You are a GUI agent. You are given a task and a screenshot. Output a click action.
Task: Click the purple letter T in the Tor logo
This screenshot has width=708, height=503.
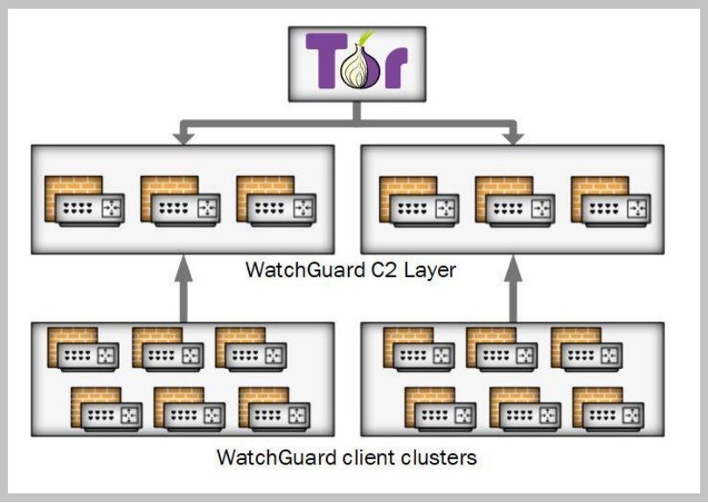(326, 60)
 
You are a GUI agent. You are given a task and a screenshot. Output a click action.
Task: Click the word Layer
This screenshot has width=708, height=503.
(429, 270)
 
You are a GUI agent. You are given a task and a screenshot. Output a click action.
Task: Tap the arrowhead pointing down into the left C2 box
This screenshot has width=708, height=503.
(184, 138)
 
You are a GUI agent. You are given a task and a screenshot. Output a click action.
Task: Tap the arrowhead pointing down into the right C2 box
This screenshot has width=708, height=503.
(513, 138)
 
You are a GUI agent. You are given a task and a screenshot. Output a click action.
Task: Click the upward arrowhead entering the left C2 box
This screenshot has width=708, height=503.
(184, 268)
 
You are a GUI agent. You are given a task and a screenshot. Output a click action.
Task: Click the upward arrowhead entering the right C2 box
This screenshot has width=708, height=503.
(513, 268)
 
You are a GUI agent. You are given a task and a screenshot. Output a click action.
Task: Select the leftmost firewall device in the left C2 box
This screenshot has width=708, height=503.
(85, 201)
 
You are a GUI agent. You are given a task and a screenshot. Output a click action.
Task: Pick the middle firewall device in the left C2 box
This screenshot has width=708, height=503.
(181, 201)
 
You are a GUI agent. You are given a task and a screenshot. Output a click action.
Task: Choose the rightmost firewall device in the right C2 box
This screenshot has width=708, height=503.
(611, 201)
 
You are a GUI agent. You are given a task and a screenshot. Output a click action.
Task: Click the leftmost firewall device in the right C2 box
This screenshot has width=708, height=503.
(420, 201)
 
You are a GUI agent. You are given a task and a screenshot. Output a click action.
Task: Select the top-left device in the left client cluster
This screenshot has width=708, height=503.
(83, 349)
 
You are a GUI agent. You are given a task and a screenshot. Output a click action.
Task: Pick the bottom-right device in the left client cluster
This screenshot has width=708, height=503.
(274, 409)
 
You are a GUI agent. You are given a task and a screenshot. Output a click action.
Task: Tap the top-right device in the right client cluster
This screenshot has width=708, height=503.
(587, 349)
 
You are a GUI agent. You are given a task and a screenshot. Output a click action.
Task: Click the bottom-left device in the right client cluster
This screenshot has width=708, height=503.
(441, 409)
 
